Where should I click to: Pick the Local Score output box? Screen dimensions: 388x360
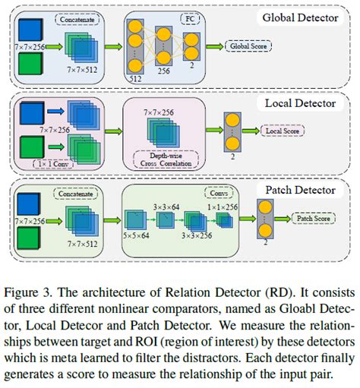coord(280,131)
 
